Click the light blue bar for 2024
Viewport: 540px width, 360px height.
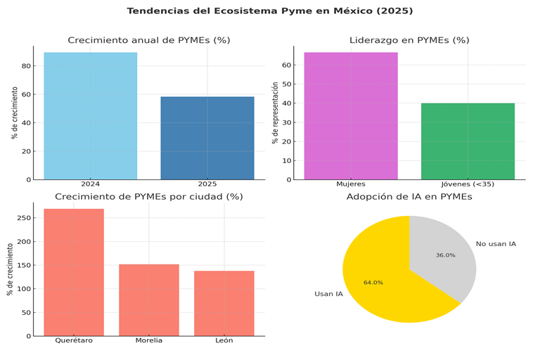pyautogui.click(x=90, y=116)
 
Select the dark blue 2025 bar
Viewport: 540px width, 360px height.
pyautogui.click(x=207, y=138)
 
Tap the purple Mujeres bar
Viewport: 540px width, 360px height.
pyautogui.click(x=351, y=116)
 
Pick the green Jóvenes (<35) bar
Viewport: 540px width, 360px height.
pyautogui.click(x=468, y=141)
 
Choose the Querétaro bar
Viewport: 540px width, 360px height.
pyautogui.click(x=74, y=272)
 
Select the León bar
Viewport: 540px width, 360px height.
pyautogui.click(x=224, y=303)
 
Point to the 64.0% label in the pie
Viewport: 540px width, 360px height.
pyautogui.click(x=373, y=283)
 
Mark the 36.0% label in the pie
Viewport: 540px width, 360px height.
pyautogui.click(x=445, y=255)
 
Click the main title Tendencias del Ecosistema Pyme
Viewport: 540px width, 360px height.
pyautogui.click(x=270, y=11)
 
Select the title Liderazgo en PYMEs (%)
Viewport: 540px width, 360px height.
pyautogui.click(x=409, y=40)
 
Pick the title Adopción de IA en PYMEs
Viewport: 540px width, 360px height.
pyautogui.click(x=409, y=197)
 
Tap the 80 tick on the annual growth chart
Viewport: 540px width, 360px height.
pyautogui.click(x=26, y=66)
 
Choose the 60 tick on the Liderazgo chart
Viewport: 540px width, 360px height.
pyautogui.click(x=288, y=65)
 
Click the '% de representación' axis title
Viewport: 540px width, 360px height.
pyautogui.click(x=276, y=112)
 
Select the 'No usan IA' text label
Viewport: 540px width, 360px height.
pyautogui.click(x=496, y=244)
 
